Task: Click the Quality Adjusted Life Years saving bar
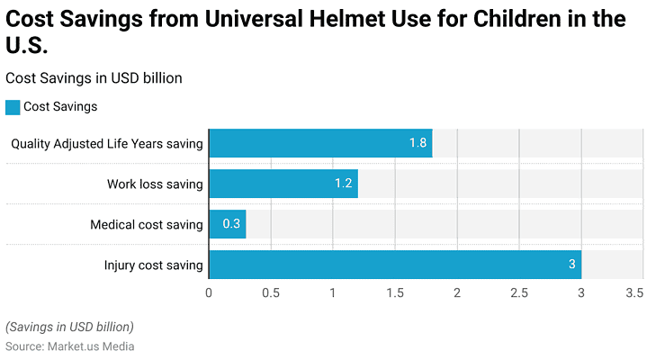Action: point(320,143)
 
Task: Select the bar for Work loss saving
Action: point(283,184)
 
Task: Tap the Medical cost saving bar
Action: point(228,225)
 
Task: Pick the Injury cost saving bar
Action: point(395,265)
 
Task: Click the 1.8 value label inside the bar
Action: point(418,143)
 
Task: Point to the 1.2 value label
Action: point(343,184)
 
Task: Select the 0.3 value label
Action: point(231,225)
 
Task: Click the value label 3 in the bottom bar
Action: point(571,265)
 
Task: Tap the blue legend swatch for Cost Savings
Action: point(13,107)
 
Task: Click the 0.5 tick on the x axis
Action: point(271,292)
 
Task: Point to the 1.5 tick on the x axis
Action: point(395,292)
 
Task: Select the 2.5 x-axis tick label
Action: point(519,292)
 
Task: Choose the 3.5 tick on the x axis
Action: point(634,292)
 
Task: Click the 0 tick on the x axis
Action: point(209,292)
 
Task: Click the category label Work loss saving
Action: point(155,184)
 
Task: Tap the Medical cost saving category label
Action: point(147,225)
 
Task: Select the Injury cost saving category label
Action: point(153,265)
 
